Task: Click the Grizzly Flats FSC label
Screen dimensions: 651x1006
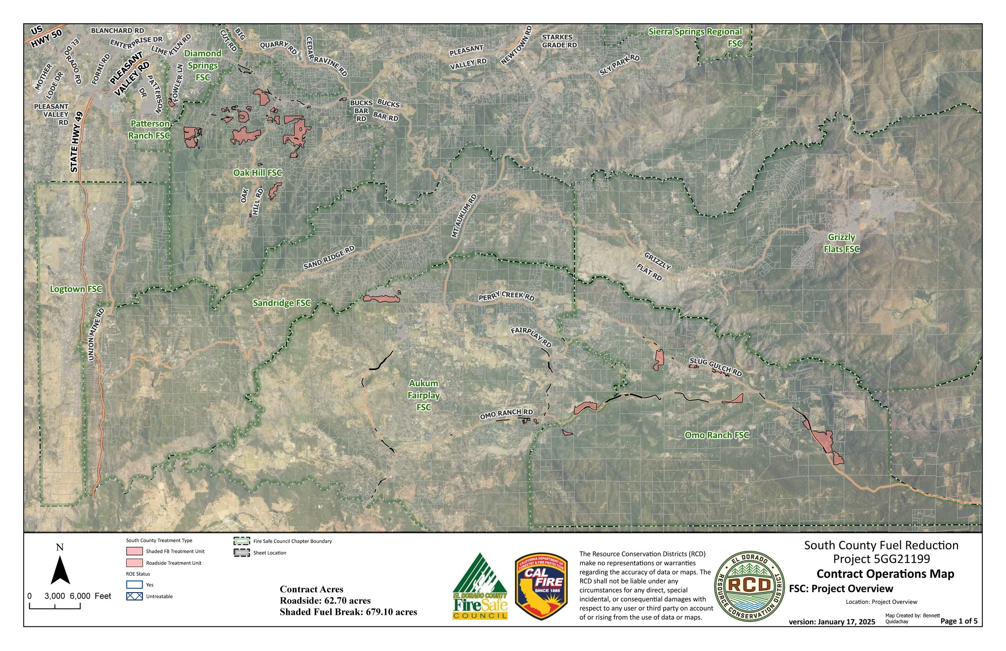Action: click(x=841, y=243)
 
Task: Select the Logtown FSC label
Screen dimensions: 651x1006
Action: click(x=76, y=289)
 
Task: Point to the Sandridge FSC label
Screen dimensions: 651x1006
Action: click(x=282, y=303)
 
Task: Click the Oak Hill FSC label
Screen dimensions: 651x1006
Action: click(x=258, y=173)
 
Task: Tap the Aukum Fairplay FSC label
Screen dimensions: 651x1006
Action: click(x=424, y=395)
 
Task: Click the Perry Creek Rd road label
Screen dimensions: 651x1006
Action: click(x=506, y=296)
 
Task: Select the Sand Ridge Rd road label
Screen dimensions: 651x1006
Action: click(x=329, y=258)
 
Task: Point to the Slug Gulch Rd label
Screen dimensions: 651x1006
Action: click(x=715, y=367)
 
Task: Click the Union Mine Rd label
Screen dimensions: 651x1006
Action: click(x=96, y=334)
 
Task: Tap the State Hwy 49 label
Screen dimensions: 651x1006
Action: click(x=76, y=142)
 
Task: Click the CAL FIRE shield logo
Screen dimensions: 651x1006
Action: click(x=541, y=587)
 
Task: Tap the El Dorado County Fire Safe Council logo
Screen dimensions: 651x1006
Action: click(x=480, y=587)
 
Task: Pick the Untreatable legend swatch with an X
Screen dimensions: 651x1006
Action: click(x=134, y=596)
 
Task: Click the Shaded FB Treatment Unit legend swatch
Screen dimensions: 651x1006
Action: click(x=134, y=551)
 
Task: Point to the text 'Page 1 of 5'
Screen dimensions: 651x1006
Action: click(x=959, y=621)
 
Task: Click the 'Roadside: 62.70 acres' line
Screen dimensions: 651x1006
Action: click(x=325, y=601)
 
